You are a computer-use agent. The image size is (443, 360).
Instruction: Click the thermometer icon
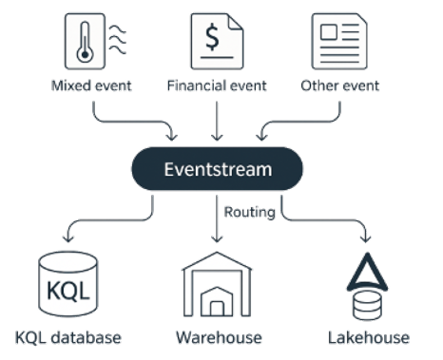(x=91, y=41)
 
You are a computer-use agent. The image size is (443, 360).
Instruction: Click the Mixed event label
(x=91, y=86)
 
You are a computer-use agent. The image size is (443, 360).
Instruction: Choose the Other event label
(x=340, y=86)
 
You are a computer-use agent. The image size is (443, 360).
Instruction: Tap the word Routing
(x=249, y=213)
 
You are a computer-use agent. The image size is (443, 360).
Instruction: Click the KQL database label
(x=68, y=337)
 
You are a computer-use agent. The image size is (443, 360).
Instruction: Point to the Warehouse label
(x=218, y=337)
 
